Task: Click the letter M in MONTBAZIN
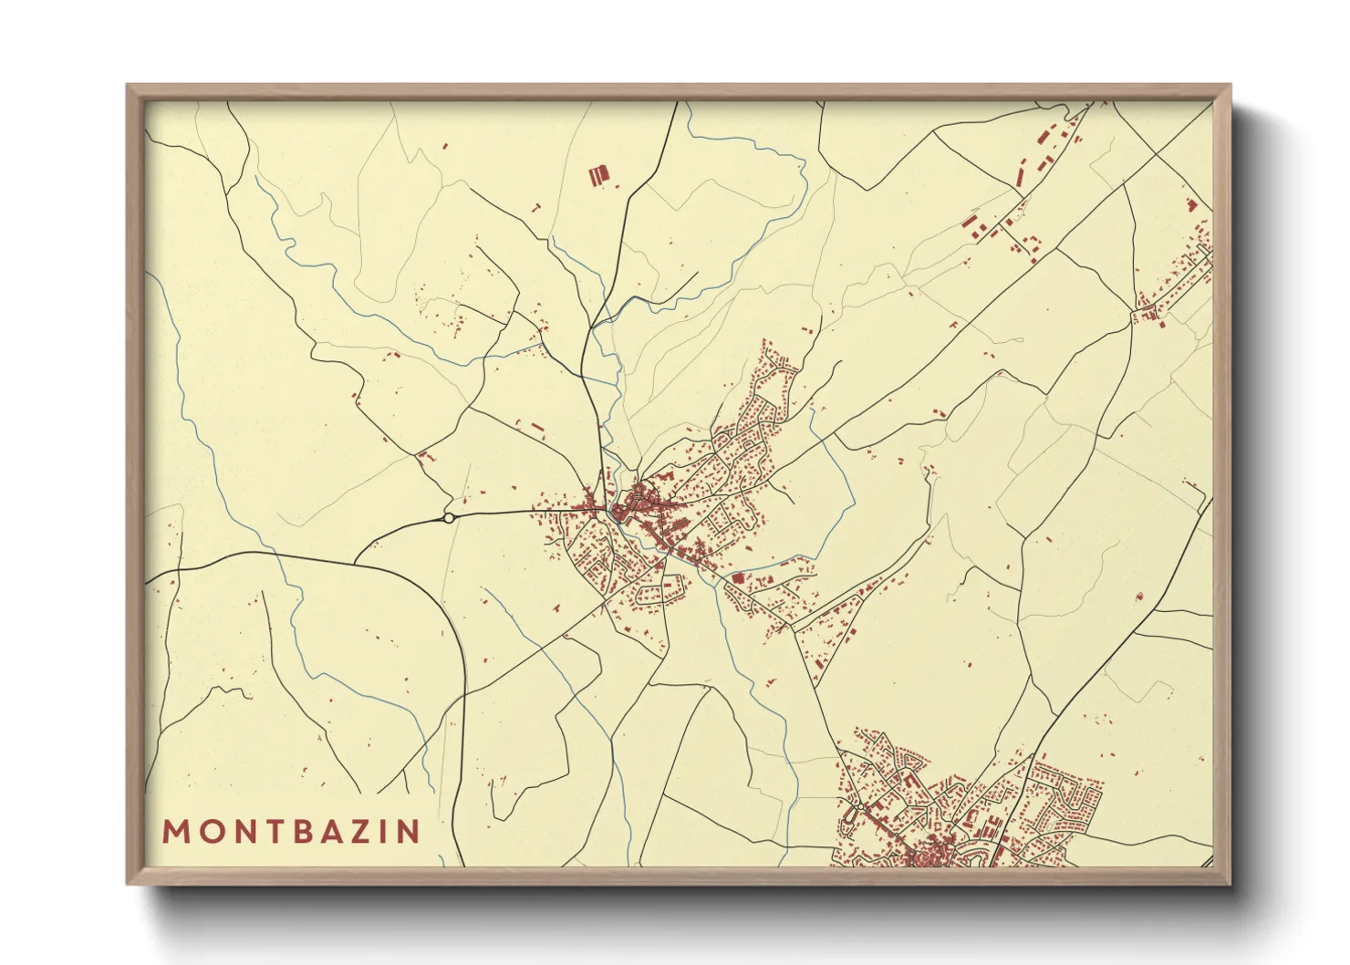click(175, 831)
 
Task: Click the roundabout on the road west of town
click(449, 518)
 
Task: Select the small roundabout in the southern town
click(860, 806)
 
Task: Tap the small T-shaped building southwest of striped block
click(535, 209)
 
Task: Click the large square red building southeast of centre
click(738, 578)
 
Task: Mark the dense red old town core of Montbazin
click(639, 502)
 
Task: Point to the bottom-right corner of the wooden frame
click(1230, 883)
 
